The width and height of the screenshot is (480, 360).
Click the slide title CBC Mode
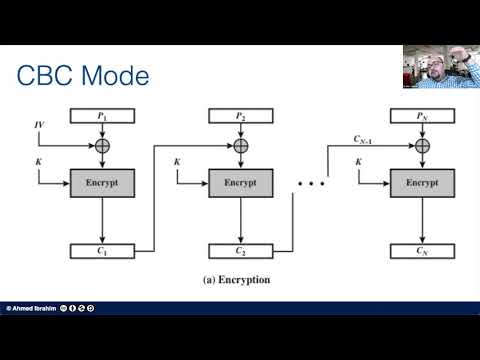(84, 76)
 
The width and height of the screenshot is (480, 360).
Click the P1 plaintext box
(101, 118)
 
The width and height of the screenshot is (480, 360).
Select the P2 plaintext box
(240, 118)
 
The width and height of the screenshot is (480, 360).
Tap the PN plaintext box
(421, 118)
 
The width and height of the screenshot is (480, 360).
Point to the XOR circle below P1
(101, 146)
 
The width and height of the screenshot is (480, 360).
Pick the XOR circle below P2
(240, 146)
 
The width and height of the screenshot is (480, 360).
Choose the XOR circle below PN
(421, 146)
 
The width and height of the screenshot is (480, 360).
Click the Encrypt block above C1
(101, 185)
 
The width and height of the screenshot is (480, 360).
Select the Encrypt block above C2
(240, 185)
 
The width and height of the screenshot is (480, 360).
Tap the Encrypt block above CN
(421, 185)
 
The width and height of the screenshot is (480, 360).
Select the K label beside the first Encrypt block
(39, 162)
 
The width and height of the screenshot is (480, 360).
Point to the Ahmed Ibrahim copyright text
(32, 308)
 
